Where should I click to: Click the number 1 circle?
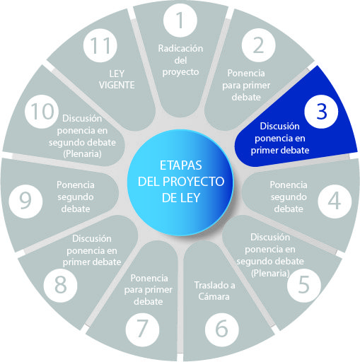click(x=180, y=20)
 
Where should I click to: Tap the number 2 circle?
click(x=258, y=45)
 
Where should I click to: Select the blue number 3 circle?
click(x=321, y=112)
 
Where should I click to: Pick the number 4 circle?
click(x=335, y=201)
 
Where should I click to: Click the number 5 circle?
click(x=304, y=286)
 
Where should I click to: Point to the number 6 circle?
click(x=221, y=329)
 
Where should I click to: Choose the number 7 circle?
click(x=142, y=329)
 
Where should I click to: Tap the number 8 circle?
click(x=60, y=286)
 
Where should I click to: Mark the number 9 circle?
click(x=25, y=201)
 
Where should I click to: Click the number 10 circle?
click(x=42, y=112)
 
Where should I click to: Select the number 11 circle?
click(x=100, y=45)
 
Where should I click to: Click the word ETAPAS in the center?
click(x=181, y=165)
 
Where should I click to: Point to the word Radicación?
click(x=180, y=48)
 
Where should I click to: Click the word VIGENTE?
click(x=117, y=85)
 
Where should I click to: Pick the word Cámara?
click(x=214, y=296)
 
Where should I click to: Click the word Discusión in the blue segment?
click(x=279, y=126)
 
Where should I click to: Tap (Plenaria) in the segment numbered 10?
click(x=82, y=153)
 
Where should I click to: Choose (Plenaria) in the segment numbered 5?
click(x=270, y=273)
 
